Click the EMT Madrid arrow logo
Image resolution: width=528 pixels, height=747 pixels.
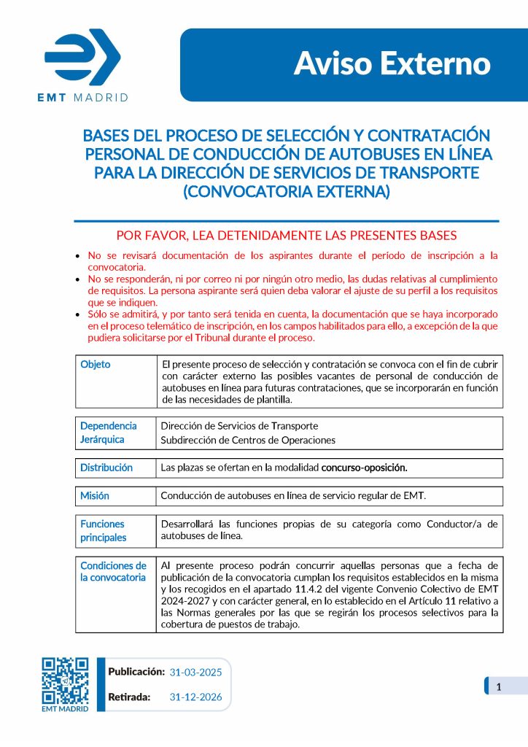click(82, 56)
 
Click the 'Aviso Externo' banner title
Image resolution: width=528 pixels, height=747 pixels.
click(392, 64)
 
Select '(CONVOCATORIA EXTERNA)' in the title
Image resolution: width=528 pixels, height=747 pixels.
click(287, 192)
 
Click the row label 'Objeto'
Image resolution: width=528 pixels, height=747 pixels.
click(96, 365)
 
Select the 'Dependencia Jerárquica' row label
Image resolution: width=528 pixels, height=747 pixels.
click(108, 433)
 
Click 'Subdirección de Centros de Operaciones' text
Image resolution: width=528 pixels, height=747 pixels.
click(248, 440)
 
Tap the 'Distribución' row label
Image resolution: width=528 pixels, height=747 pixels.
click(106, 468)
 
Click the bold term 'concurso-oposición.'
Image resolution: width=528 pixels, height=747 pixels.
click(364, 468)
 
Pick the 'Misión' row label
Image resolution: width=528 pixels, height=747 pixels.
click(95, 496)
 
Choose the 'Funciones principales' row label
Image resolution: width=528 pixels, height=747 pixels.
click(103, 530)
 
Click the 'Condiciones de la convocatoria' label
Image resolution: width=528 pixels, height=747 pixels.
click(113, 571)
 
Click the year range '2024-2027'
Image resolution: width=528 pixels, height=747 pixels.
click(185, 600)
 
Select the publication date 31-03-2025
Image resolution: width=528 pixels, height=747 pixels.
click(195, 672)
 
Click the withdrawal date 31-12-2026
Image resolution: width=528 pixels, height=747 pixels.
click(195, 697)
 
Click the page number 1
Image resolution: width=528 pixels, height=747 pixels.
click(498, 686)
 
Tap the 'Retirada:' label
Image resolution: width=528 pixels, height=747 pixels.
click(129, 697)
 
